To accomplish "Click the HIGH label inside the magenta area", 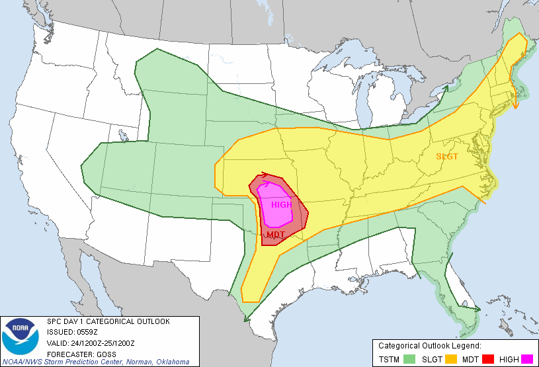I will (x=281, y=204).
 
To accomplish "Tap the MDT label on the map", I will (x=276, y=235).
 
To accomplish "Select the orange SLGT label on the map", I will (x=448, y=157).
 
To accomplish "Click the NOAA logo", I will (x=21, y=337).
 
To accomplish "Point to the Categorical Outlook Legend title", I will (x=429, y=346).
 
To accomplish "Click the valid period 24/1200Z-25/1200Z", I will (x=101, y=343).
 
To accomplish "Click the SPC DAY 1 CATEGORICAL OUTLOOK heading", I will (x=108, y=321).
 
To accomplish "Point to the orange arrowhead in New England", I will (x=517, y=104).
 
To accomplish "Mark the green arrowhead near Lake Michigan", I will (x=445, y=88).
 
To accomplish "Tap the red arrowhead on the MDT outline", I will (x=265, y=175).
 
